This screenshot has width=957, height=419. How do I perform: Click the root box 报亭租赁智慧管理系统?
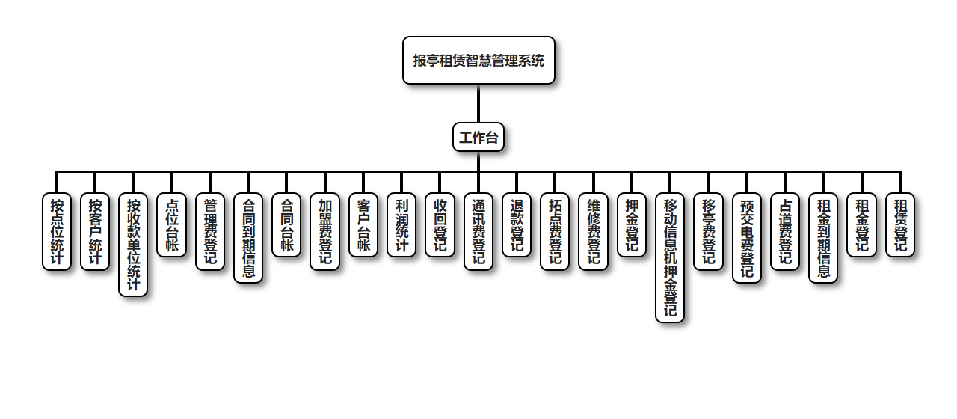pos(478,61)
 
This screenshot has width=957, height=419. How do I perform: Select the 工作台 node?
pos(478,138)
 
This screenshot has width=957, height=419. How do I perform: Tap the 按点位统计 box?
pos(57,232)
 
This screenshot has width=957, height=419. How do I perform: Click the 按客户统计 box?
pos(95,232)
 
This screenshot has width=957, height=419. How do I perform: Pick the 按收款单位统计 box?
pos(133,245)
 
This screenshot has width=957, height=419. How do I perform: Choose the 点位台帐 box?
pos(171,225)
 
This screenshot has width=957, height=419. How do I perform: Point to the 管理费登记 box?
pos(210,232)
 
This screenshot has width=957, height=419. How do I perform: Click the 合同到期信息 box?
pos(248,238)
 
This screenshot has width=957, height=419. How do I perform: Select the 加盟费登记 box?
pos(324,232)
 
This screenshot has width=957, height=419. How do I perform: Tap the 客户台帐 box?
pos(363,225)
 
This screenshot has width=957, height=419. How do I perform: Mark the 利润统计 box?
pos(401,225)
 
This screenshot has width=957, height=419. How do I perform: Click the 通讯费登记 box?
pos(478,232)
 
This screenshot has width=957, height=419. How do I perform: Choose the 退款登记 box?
pos(516,225)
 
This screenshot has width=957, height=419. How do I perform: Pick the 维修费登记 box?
pos(593,232)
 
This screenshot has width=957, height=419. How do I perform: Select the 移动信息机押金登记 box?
pos(669,257)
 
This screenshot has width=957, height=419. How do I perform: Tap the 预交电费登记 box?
pos(746,238)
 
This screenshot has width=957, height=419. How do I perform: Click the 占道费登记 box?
pos(784,232)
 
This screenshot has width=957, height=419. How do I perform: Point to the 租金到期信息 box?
pos(823,238)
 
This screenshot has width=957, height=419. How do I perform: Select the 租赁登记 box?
pos(899,225)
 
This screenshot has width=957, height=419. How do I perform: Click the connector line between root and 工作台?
pos(478,103)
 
